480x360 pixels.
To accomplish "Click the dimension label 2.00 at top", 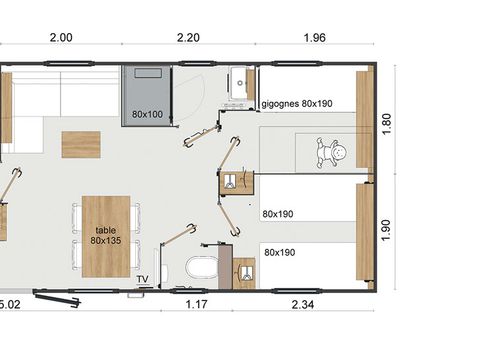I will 60,37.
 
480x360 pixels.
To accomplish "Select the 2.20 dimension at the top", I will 189,37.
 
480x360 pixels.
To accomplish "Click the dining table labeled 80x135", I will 105,236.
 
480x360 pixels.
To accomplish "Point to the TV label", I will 143,279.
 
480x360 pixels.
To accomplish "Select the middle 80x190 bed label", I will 279,213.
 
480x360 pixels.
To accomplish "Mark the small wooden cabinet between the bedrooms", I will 231,183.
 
